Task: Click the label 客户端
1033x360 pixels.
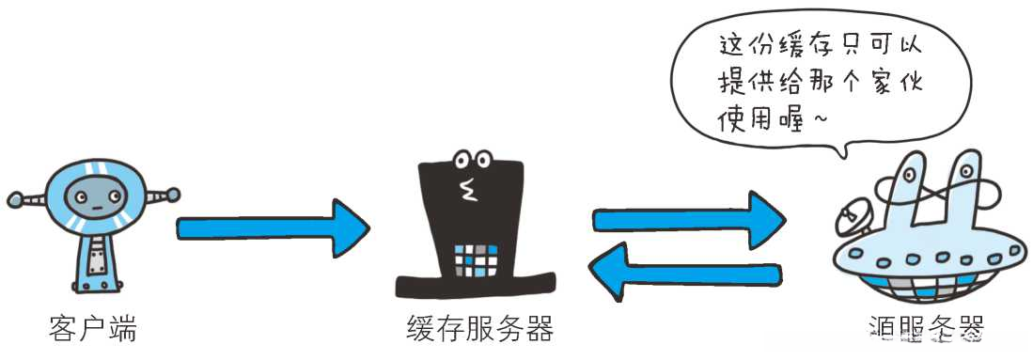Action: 92,329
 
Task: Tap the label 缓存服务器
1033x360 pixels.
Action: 479,329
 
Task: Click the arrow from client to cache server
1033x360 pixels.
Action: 273,227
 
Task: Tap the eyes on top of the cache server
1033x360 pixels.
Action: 472,159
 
